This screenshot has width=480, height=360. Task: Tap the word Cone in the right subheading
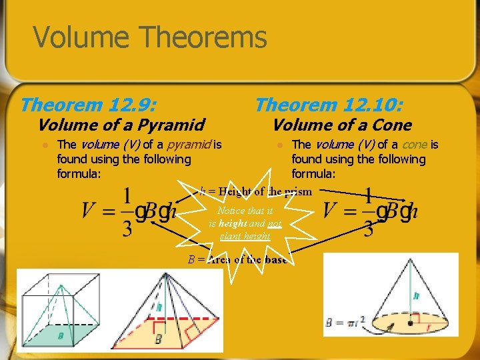pyautogui.click(x=392, y=125)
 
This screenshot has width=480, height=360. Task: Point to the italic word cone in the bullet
pyautogui.click(x=415, y=145)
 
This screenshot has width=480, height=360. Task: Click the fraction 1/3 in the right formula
pyautogui.click(x=367, y=212)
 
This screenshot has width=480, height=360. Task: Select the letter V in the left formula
pyautogui.click(x=89, y=211)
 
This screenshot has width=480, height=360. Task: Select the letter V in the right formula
pyautogui.click(x=331, y=211)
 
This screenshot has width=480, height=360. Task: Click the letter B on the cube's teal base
pyautogui.click(x=60, y=336)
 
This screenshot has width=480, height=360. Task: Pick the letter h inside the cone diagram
pyautogui.click(x=415, y=295)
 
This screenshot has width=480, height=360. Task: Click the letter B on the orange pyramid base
pyautogui.click(x=157, y=339)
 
